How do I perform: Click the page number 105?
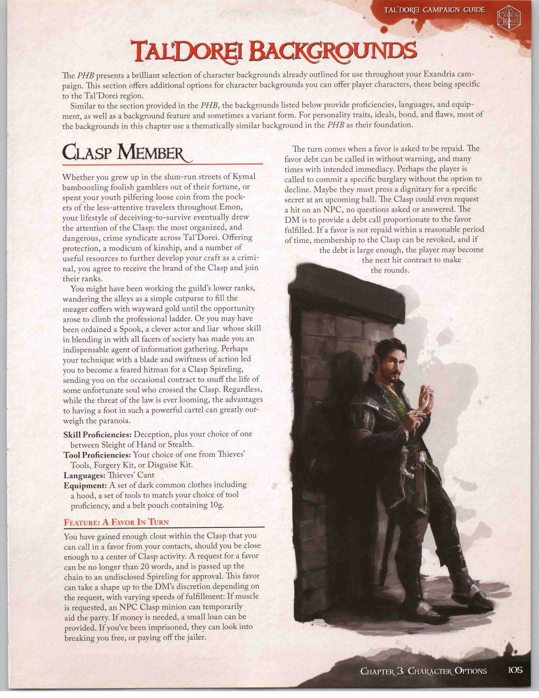coord(516,670)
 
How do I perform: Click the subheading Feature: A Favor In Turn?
coord(116,522)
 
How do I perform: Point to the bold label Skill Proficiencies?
coord(97,434)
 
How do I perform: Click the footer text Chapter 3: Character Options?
coord(423,670)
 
